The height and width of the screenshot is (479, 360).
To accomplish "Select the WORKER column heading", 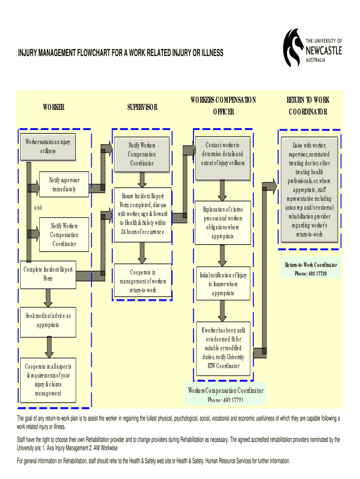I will point(54,107).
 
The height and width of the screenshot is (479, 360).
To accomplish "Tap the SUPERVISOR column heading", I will point(142,107).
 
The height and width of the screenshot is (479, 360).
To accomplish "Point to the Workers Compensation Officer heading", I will point(223,106).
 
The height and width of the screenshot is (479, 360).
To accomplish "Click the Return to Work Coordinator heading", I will point(308,106).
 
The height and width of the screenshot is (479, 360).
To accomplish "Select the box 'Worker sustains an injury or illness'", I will point(48,145).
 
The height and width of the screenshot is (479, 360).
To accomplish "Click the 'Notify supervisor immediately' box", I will point(65,185).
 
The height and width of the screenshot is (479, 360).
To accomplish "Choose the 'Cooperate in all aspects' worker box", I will point(48,380).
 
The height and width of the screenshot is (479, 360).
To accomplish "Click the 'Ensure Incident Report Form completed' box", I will point(142,214).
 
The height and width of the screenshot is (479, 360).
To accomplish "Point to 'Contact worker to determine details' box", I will point(223,154).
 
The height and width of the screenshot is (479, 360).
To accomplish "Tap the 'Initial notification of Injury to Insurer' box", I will point(223,284).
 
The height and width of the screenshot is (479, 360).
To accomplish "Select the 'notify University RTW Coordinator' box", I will point(223,348).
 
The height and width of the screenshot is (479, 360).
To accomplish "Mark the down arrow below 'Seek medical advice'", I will point(49,348).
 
